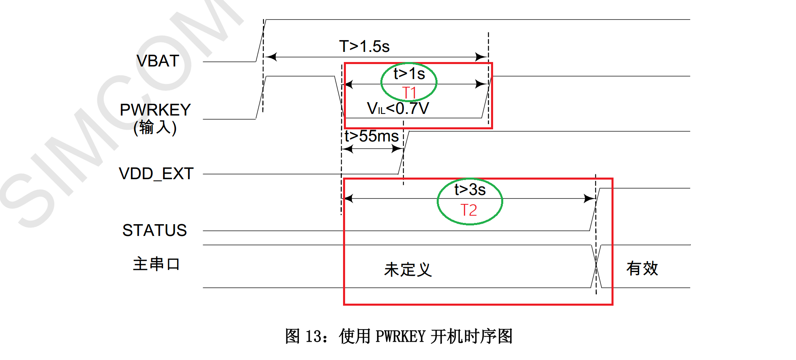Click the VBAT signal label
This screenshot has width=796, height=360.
(x=158, y=61)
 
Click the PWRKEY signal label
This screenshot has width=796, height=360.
(x=155, y=110)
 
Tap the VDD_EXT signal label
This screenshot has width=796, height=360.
(x=156, y=174)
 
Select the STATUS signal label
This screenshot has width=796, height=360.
(x=154, y=230)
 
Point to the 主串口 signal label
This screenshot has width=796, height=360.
(x=156, y=264)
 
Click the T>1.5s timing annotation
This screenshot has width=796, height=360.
(x=364, y=47)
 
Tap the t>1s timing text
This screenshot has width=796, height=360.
(x=409, y=74)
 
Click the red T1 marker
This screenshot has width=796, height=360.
(x=409, y=93)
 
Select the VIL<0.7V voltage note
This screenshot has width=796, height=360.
(x=397, y=109)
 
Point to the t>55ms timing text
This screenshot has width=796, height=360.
(x=371, y=136)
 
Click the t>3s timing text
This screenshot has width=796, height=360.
(x=470, y=190)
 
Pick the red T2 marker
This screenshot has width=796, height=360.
(x=469, y=210)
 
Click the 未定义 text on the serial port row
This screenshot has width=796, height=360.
(x=408, y=269)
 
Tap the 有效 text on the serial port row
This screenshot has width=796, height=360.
(x=642, y=268)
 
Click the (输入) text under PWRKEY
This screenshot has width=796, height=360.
(x=155, y=128)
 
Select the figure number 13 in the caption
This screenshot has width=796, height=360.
(x=313, y=336)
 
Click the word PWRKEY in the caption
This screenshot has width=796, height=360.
(x=400, y=336)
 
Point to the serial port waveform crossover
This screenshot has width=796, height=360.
(x=596, y=266)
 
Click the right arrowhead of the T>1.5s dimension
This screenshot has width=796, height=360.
(x=482, y=57)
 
